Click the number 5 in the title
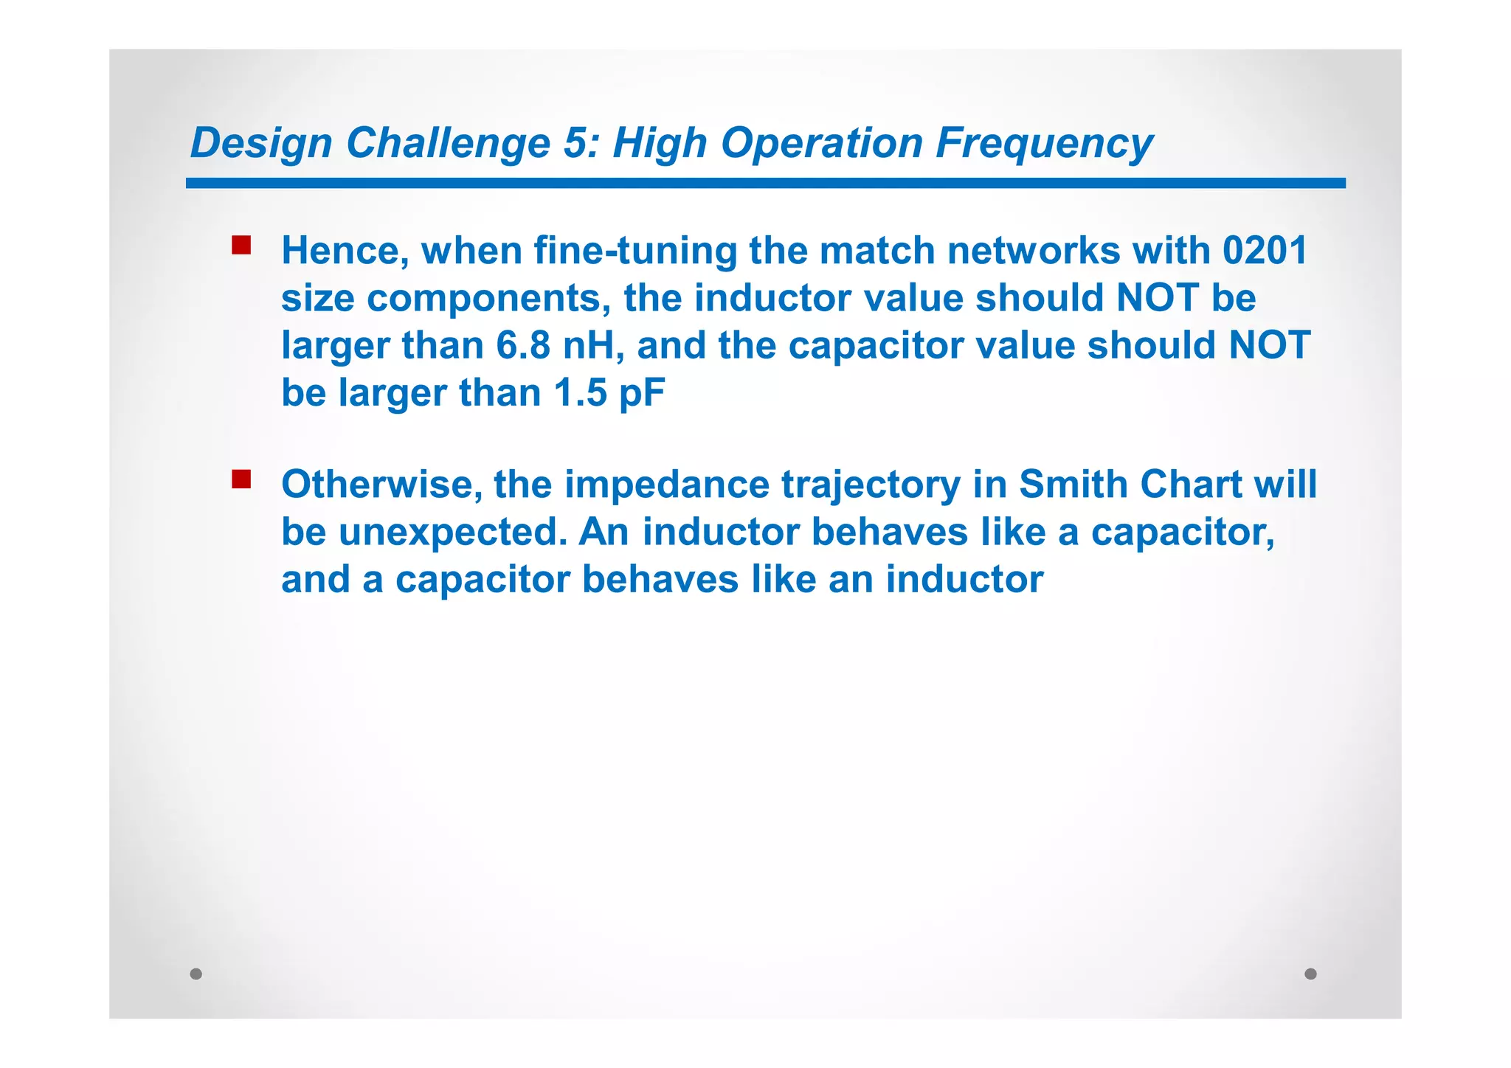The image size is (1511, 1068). (x=576, y=143)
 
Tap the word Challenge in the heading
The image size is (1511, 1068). (x=448, y=143)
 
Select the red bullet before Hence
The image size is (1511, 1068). (x=241, y=246)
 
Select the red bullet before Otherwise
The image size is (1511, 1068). (x=241, y=479)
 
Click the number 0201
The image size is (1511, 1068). (x=1264, y=251)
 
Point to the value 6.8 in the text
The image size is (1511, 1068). (x=523, y=345)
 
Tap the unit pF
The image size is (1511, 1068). (x=642, y=392)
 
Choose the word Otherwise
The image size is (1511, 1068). (x=381, y=485)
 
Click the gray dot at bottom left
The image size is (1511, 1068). (x=196, y=974)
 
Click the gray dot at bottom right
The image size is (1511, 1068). (x=1310, y=974)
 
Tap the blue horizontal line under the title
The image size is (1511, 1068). (x=765, y=183)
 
